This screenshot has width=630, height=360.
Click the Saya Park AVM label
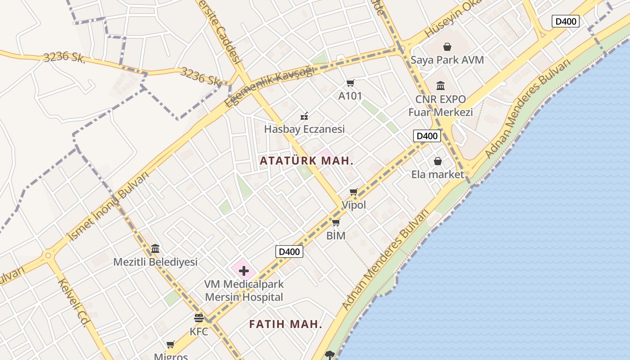pos(447,60)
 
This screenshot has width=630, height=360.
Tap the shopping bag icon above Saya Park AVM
pos(447,47)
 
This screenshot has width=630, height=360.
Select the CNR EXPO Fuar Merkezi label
pos(441,106)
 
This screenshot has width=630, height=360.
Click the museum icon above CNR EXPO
pos(441,85)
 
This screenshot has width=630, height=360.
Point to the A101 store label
pos(350,96)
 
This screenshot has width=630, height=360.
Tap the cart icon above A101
pos(351,83)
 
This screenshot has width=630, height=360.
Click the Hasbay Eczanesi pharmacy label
pos(304,129)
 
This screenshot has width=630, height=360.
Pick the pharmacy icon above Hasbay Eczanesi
pos(305,116)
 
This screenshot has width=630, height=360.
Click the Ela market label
pos(437,174)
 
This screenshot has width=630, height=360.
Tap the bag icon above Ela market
pos(438,161)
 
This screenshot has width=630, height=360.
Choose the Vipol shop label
pos(354,205)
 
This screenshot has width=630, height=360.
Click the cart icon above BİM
pos(336,223)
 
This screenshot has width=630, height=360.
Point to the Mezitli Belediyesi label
pos(155,262)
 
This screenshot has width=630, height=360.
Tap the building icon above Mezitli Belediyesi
pos(156,248)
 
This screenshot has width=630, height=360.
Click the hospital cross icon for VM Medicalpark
pos(244,271)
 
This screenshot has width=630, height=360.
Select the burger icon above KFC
pos(199,318)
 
